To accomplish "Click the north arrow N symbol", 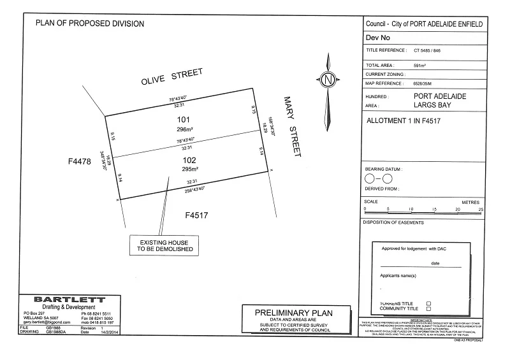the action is (328, 80).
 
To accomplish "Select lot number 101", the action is (184, 119).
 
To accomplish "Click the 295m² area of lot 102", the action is (187, 169).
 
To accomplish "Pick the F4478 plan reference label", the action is (80, 162).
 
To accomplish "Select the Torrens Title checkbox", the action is (428, 303).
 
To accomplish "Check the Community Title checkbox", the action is (428, 308).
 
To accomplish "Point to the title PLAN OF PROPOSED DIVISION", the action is (90, 24).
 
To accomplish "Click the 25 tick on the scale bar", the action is (481, 210).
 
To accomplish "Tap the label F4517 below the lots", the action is (196, 215).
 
